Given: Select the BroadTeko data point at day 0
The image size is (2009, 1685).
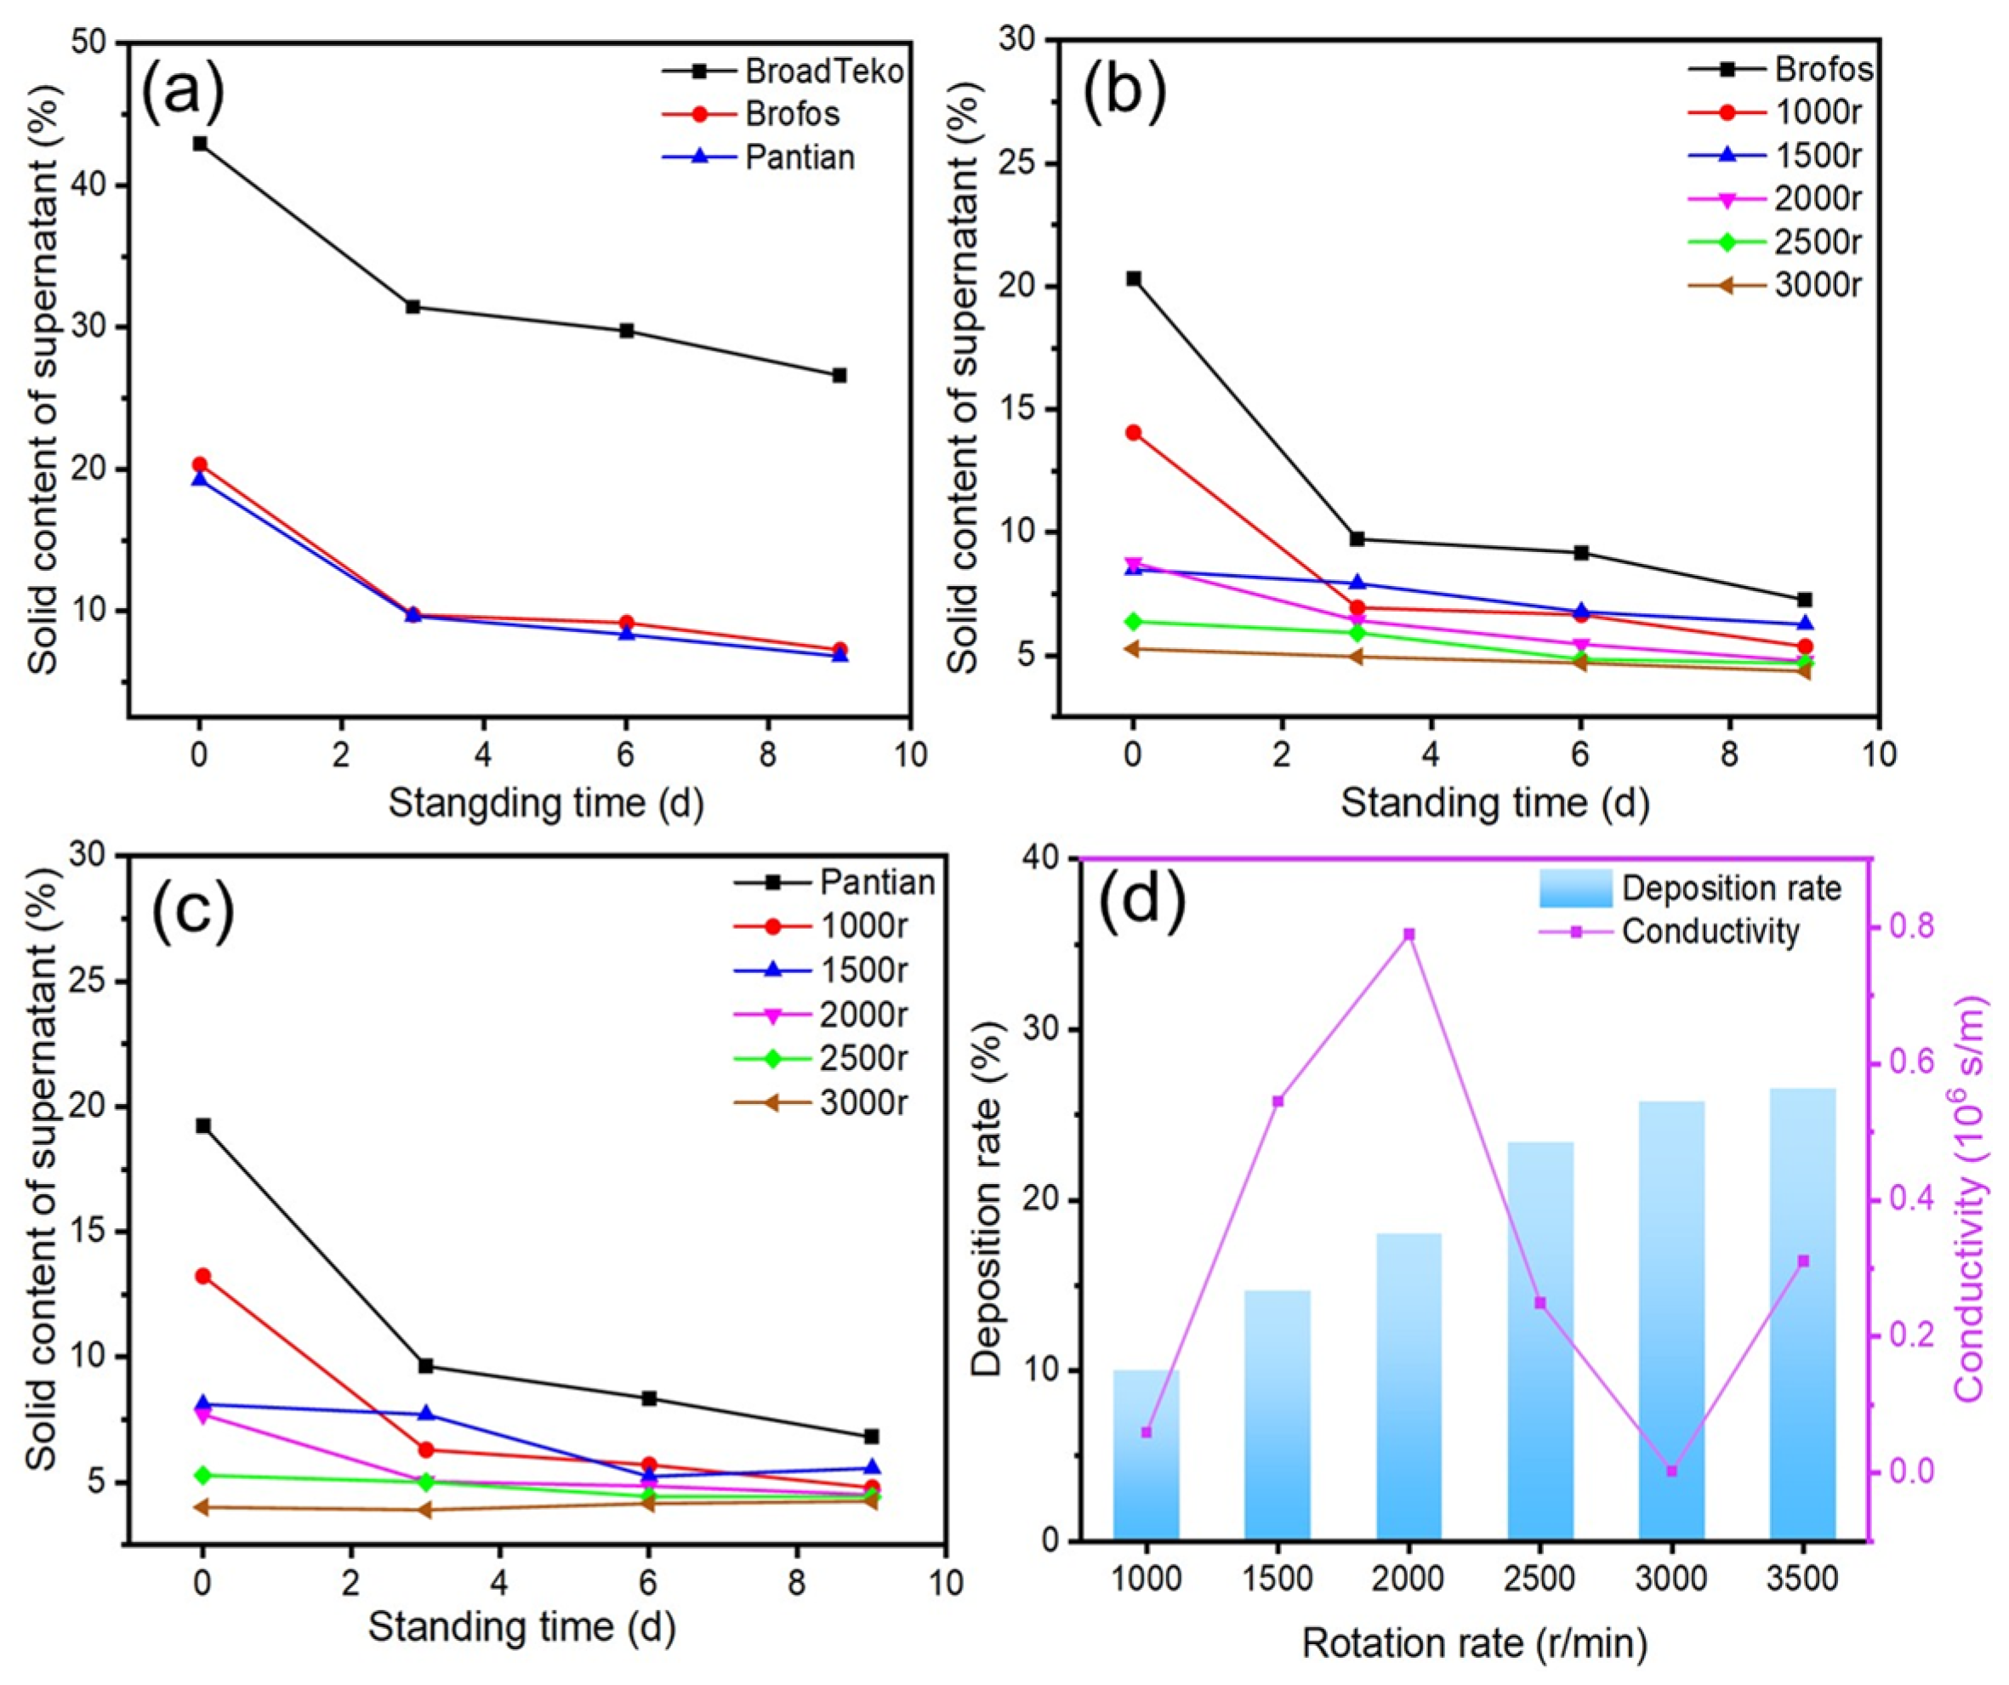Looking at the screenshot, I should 199,144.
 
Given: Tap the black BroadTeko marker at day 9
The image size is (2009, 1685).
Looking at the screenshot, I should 839,375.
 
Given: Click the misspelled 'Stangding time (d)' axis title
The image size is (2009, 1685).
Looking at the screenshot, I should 546,803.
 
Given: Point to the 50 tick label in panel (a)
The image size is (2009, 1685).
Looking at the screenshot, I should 93,44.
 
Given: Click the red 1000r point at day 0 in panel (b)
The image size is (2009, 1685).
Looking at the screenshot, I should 1134,432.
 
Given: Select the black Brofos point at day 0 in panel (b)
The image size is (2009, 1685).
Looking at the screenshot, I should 1134,278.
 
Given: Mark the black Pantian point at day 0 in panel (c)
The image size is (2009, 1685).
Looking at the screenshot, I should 202,1125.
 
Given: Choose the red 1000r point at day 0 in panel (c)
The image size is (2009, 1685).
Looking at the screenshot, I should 202,1276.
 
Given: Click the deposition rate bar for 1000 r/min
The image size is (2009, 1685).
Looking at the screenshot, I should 1146,1454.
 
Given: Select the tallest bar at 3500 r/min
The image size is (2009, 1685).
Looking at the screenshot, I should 1802,1320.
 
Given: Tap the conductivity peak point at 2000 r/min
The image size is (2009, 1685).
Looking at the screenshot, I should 1409,934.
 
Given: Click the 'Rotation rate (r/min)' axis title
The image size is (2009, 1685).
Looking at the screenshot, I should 1474,1644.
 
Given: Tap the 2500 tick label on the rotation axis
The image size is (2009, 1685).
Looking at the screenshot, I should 1539,1578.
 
